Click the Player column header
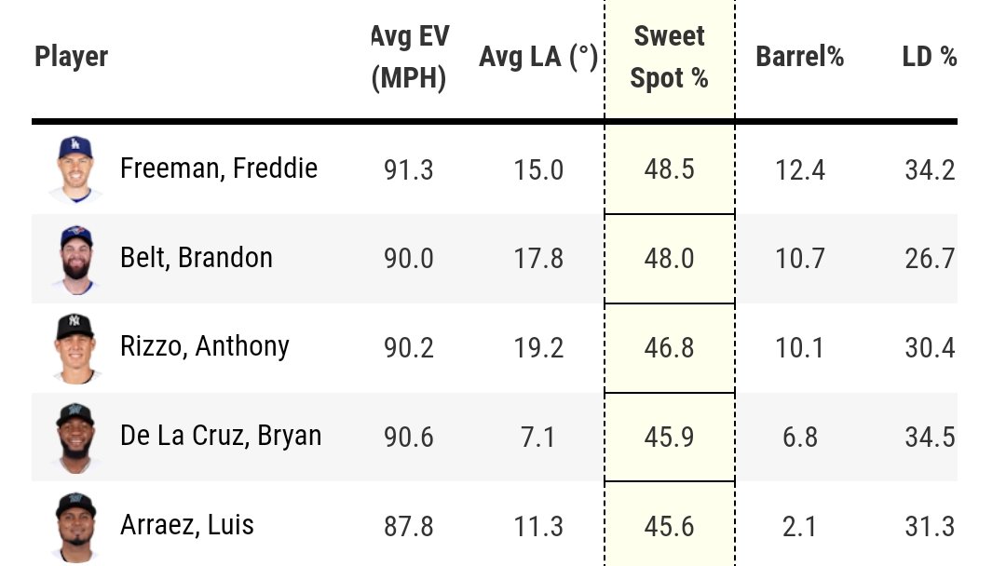pyautogui.click(x=72, y=57)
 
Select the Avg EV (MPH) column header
pyautogui.click(x=409, y=58)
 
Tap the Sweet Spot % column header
pyautogui.click(x=669, y=58)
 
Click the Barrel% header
pyautogui.click(x=799, y=57)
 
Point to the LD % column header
pyautogui.click(x=930, y=57)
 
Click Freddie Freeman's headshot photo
pyautogui.click(x=75, y=168)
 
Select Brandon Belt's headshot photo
pyautogui.click(x=75, y=258)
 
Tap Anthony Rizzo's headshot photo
pyautogui.click(x=75, y=347)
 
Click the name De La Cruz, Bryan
pyautogui.click(x=221, y=436)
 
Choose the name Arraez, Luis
pyautogui.click(x=187, y=525)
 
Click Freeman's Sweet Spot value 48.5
pyautogui.click(x=669, y=169)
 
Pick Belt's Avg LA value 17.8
pyautogui.click(x=538, y=258)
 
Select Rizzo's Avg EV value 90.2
pyautogui.click(x=409, y=347)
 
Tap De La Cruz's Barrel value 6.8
pyautogui.click(x=799, y=437)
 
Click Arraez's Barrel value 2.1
pyautogui.click(x=799, y=526)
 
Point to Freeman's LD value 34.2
pyautogui.click(x=930, y=169)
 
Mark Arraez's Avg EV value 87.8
pyautogui.click(x=409, y=526)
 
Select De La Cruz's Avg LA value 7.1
pyautogui.click(x=538, y=437)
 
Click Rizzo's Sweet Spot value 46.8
pyautogui.click(x=669, y=347)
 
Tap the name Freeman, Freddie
pyautogui.click(x=219, y=168)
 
